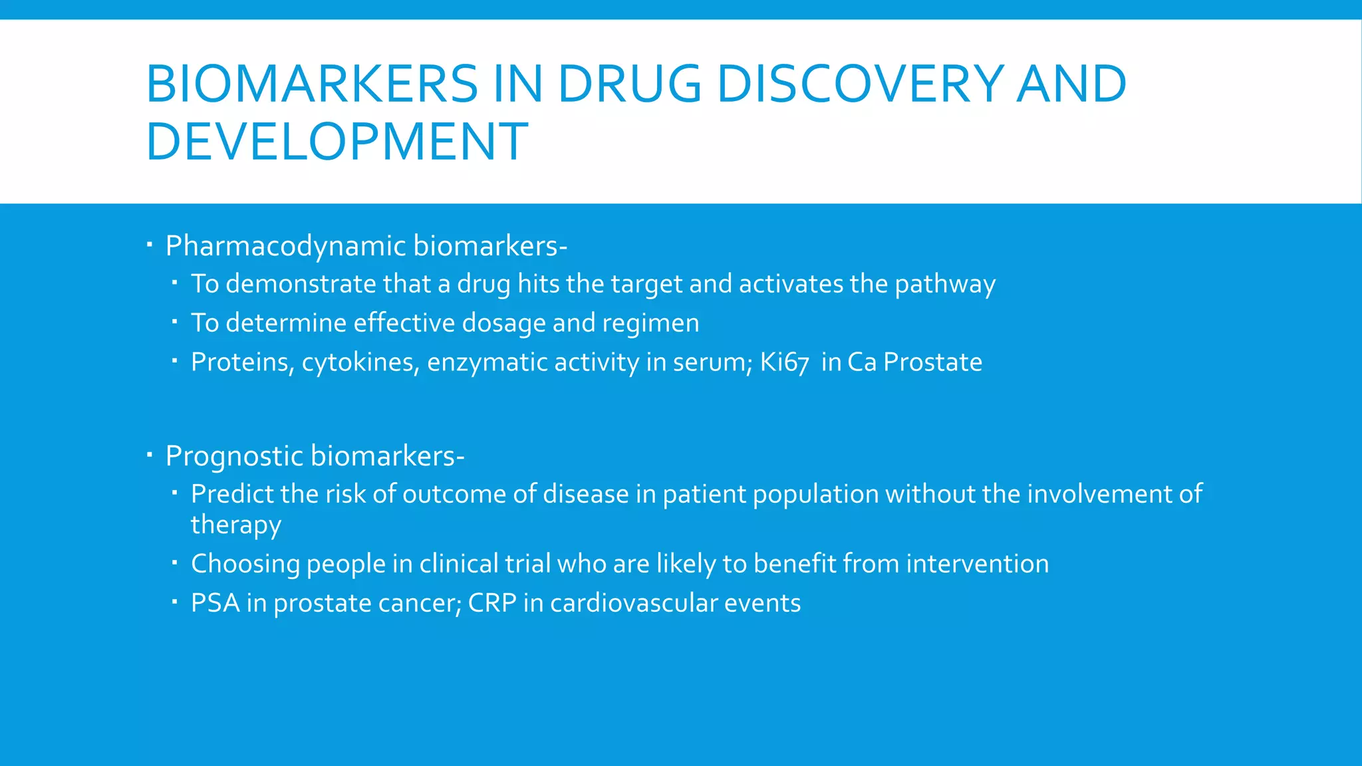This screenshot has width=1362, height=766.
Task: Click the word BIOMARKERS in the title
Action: (311, 84)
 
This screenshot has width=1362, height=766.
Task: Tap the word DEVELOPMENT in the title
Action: (337, 142)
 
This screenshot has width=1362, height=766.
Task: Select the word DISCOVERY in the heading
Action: (860, 84)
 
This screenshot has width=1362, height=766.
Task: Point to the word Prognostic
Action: (234, 456)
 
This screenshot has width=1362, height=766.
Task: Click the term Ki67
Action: (784, 362)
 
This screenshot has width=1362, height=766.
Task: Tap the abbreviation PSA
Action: (215, 603)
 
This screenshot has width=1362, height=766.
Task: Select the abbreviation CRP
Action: (492, 603)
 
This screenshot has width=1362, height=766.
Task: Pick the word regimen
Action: (650, 323)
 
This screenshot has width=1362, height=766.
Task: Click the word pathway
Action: (944, 285)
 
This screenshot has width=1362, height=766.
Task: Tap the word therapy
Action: (235, 525)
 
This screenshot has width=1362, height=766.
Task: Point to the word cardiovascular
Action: (634, 603)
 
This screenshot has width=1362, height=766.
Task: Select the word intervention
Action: (977, 564)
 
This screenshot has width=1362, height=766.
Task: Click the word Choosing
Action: (245, 564)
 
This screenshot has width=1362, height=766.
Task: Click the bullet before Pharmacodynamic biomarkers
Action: (150, 245)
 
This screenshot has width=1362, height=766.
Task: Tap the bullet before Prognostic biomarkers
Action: (150, 455)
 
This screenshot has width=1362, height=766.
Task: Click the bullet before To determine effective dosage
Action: (174, 322)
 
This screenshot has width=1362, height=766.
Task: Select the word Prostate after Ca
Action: (932, 362)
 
